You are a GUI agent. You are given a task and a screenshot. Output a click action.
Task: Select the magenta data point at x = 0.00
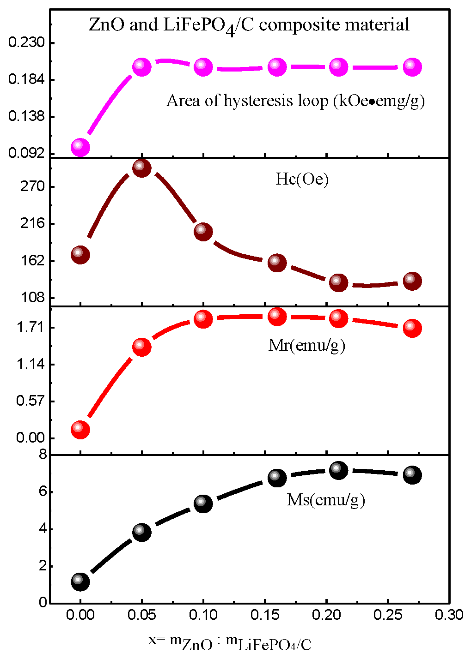(80, 147)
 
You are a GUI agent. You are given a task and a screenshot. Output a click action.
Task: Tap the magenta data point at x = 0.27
(412, 67)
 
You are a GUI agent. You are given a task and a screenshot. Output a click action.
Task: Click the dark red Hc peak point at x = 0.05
(141, 168)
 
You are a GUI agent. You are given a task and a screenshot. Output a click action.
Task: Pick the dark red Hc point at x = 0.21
(338, 282)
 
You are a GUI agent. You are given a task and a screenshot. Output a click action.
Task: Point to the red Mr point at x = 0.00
(80, 429)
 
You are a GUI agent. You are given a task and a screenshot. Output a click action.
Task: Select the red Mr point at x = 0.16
(277, 316)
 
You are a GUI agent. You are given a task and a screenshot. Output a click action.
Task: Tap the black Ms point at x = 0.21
(338, 471)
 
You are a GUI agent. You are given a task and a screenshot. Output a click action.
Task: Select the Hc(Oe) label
(302, 179)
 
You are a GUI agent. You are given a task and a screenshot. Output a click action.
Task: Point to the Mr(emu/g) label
(306, 345)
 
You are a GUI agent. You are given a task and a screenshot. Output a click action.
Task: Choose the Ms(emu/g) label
(326, 500)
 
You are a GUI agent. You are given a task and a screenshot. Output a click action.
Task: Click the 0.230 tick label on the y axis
(27, 43)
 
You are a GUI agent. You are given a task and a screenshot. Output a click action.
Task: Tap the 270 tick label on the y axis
(33, 187)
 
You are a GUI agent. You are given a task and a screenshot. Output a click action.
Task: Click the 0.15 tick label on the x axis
(265, 615)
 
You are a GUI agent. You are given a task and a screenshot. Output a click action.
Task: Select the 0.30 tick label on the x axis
(449, 615)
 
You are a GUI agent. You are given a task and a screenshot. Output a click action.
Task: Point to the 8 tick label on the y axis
(43, 455)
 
